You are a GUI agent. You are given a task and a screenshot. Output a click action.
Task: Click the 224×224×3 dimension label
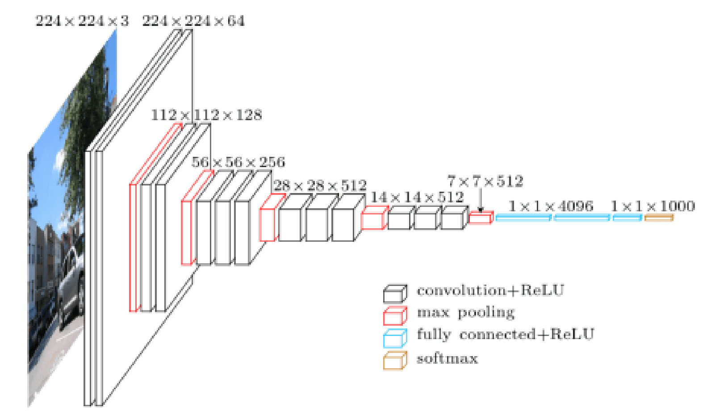[82, 21]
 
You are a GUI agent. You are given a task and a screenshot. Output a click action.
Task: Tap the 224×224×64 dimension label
[193, 21]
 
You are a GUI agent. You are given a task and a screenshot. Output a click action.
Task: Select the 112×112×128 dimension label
[206, 115]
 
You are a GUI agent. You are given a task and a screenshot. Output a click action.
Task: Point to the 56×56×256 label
[238, 162]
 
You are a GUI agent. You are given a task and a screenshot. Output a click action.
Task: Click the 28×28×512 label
[320, 185]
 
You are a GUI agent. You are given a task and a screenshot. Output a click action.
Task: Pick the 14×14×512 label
[417, 197]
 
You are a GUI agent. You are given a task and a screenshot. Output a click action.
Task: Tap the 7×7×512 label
[485, 181]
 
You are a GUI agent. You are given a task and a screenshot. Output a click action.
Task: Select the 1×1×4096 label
[551, 206]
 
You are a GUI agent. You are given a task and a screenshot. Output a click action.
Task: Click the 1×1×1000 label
[652, 206]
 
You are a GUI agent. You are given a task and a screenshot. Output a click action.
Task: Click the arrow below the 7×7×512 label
[481, 201]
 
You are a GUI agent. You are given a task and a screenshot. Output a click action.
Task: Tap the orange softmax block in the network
[659, 218]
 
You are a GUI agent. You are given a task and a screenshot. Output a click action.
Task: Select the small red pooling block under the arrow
[481, 218]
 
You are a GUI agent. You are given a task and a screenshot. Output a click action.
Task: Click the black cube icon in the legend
[395, 294]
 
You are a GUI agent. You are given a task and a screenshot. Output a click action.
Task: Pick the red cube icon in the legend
[395, 315]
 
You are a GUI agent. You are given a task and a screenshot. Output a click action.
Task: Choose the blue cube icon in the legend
[395, 338]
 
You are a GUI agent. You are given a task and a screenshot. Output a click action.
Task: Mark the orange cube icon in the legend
[395, 361]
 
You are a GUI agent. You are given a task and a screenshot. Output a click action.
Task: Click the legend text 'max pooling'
[465, 312]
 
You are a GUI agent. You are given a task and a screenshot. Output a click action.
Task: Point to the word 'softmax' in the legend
[447, 359]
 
